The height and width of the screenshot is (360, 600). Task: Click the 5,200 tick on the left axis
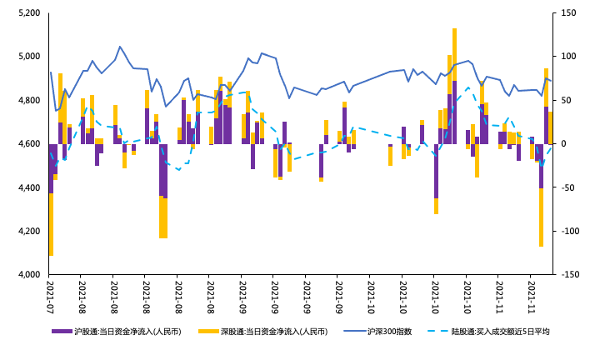click(x=27, y=13)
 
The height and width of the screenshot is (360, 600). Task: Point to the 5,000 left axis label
click(x=27, y=57)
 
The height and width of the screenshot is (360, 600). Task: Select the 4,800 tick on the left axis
click(x=27, y=100)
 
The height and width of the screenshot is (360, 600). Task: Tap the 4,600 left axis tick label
click(x=27, y=144)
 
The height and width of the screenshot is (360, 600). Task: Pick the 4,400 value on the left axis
click(x=27, y=187)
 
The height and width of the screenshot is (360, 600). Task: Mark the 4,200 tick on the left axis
click(x=27, y=231)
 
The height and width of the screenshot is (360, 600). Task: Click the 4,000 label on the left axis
click(x=27, y=274)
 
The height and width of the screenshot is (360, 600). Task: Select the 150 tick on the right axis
click(x=568, y=13)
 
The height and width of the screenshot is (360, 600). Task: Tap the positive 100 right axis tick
click(x=568, y=57)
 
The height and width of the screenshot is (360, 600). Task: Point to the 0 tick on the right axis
click(x=563, y=144)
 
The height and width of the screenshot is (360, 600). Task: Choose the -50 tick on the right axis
click(x=568, y=187)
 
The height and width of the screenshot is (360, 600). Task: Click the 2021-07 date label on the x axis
click(x=50, y=296)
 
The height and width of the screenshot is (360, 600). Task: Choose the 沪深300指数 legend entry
click(x=389, y=332)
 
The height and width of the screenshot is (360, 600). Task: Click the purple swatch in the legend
click(x=62, y=332)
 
